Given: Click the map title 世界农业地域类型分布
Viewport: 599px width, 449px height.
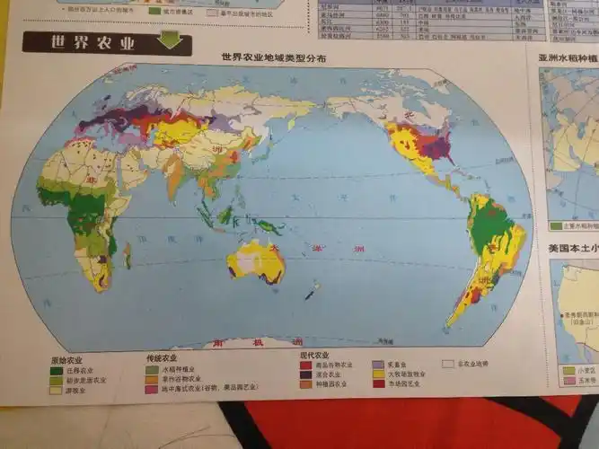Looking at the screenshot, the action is pyautogui.click(x=275, y=57).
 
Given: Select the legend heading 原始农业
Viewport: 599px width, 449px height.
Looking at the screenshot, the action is pyautogui.click(x=66, y=358).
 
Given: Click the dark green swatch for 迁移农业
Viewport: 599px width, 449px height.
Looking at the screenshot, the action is pyautogui.click(x=57, y=369).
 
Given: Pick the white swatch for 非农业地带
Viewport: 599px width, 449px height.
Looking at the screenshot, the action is pyautogui.click(x=446, y=364).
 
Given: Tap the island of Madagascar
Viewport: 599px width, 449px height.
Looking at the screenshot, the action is pyautogui.click(x=127, y=256).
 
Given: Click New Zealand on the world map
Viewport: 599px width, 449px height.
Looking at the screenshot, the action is pyautogui.click(x=311, y=292).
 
